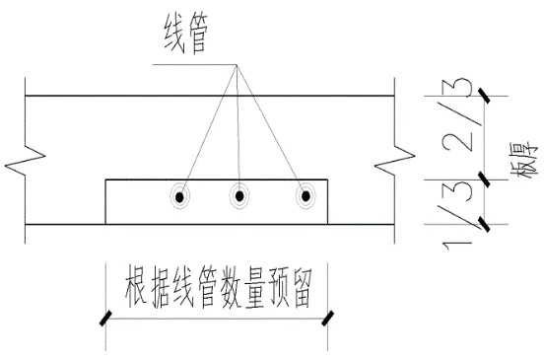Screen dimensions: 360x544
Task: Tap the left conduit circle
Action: [x=180, y=197]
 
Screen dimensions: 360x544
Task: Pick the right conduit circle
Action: [x=306, y=197]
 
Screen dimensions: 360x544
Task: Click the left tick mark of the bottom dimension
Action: [x=103, y=317]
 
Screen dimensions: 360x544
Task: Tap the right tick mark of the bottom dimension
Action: [x=328, y=317]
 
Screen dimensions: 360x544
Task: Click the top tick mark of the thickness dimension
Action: [x=484, y=96]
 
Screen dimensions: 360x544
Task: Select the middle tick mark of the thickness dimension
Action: [x=484, y=178]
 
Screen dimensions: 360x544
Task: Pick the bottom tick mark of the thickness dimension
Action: [x=484, y=224]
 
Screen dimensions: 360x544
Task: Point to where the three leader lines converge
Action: [x=237, y=67]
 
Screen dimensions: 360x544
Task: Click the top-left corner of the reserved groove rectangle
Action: [x=105, y=180]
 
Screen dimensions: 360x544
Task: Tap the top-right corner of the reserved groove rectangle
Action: [x=329, y=180]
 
